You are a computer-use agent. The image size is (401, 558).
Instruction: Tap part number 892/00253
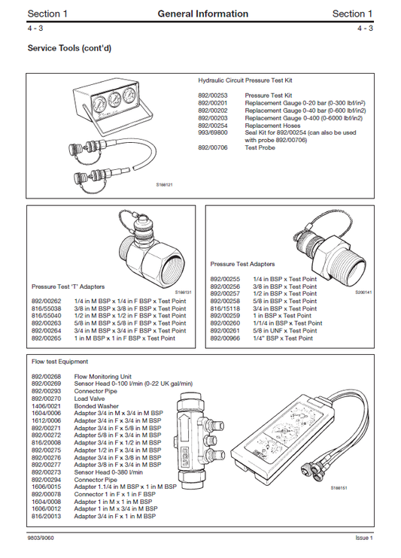(213, 96)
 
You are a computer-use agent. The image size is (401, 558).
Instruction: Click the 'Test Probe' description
(260, 148)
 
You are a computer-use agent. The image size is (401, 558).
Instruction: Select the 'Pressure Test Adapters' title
(242, 265)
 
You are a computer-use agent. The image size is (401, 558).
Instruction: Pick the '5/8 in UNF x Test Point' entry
(279, 331)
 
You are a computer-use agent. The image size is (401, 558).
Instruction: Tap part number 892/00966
(225, 338)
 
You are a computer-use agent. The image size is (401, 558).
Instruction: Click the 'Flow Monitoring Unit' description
(103, 376)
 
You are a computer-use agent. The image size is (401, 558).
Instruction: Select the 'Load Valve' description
(90, 399)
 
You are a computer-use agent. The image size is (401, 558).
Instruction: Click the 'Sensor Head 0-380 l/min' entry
(109, 472)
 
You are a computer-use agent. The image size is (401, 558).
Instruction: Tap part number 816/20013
(46, 516)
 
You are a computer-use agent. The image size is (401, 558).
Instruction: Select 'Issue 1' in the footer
(363, 538)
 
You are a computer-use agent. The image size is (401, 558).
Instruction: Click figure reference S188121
(164, 184)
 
